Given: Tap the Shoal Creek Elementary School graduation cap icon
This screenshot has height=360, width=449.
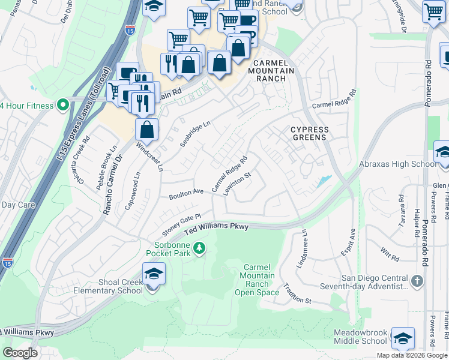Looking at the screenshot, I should coord(154,275).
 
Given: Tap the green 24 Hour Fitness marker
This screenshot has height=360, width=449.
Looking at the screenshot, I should coord(63,106).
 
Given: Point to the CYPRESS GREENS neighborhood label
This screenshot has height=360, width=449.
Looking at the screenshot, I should coord(310,133).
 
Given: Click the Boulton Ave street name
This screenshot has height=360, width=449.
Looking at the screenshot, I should coord(187,194).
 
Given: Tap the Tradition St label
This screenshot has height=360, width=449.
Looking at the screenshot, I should coord(298,293).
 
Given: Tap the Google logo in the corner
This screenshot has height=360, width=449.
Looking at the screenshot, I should coord(20,352).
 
